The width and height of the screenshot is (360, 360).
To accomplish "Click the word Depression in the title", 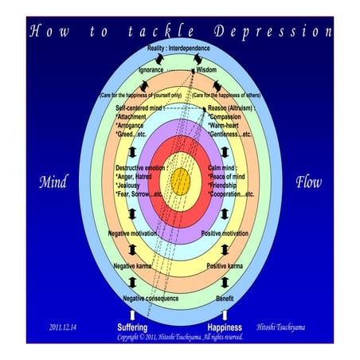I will (x=284, y=33).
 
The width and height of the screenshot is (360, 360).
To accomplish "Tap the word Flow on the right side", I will (x=308, y=182).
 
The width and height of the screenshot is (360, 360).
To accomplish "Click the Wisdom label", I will (x=206, y=70).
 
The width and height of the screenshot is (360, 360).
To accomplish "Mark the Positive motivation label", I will (x=224, y=233).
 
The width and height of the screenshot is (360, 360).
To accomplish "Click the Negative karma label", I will (x=132, y=265).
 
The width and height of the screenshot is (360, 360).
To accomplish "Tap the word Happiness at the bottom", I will (x=225, y=327).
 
